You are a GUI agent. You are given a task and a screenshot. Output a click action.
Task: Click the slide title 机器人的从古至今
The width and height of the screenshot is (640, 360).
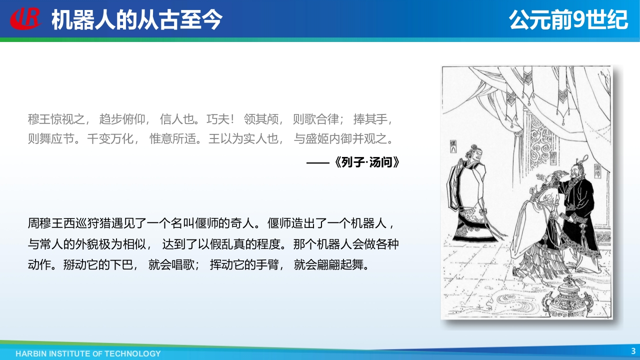[137, 19]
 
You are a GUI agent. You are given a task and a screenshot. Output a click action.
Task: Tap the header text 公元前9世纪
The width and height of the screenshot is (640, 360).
[568, 19]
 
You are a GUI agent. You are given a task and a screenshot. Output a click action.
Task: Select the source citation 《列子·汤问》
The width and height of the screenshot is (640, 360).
[367, 162]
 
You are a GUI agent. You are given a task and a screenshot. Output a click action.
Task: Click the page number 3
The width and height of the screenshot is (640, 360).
[633, 351]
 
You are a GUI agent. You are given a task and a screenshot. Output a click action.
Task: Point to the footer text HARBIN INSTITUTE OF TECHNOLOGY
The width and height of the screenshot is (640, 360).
[88, 353]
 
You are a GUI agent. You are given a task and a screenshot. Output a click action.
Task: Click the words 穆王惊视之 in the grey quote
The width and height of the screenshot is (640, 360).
[56, 119]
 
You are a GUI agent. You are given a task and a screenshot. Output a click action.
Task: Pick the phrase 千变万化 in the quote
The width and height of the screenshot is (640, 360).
[110, 139]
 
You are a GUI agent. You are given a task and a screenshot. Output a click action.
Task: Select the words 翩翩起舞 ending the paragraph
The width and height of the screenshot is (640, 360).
[340, 265]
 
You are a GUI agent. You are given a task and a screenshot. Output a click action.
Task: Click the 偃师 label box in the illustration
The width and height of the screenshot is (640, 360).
[597, 171]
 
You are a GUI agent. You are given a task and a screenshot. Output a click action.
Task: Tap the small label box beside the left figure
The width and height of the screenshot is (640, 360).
[453, 146]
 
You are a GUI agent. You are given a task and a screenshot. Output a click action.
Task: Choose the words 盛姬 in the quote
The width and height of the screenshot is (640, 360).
[317, 139]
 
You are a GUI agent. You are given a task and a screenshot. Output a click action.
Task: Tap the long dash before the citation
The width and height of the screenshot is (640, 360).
[318, 163]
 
